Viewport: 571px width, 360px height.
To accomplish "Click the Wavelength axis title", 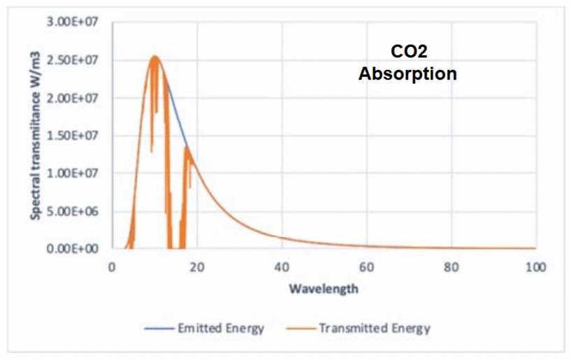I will pyautogui.click(x=324, y=288).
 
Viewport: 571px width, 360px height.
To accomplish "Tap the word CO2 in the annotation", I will pyautogui.click(x=407, y=52).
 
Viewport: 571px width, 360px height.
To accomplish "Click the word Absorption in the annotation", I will pyautogui.click(x=407, y=73).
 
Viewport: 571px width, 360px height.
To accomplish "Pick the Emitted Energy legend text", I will pyautogui.click(x=220, y=328).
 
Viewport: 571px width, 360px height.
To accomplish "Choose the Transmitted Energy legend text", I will pyautogui.click(x=374, y=328).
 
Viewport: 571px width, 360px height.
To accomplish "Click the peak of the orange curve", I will pyautogui.click(x=154, y=57).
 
